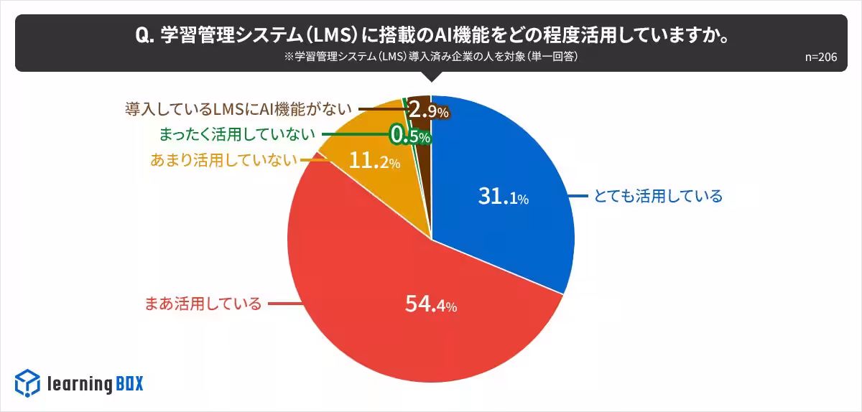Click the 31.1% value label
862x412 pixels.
point(503,197)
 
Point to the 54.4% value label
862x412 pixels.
point(430,305)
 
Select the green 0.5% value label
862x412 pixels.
point(409,134)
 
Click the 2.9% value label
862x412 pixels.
point(428,111)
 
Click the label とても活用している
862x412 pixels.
point(657,196)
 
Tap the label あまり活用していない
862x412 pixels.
point(223,160)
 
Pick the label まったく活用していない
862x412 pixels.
point(236,134)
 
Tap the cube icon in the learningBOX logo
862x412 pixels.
point(27,383)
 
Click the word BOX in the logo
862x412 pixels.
point(129,384)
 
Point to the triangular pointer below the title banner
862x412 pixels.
point(431,78)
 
